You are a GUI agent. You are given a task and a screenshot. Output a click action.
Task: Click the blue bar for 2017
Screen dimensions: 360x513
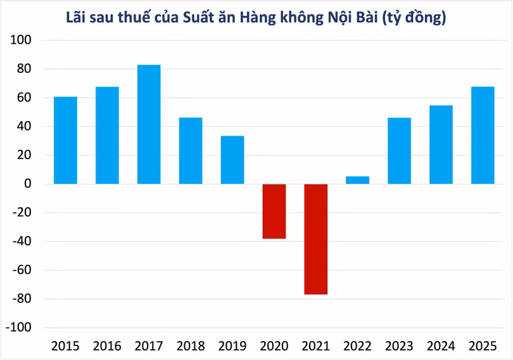click(149, 124)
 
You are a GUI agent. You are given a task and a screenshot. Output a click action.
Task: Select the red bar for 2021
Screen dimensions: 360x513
click(316, 239)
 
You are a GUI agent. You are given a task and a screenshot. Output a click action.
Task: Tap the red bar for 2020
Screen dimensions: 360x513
click(274, 211)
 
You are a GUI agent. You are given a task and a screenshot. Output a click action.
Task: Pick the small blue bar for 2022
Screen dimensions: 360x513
click(357, 180)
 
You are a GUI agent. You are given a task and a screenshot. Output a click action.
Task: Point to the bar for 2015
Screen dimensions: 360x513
click(65, 140)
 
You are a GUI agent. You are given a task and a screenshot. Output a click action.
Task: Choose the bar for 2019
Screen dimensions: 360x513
click(232, 160)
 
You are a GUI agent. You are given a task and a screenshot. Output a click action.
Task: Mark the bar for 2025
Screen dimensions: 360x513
click(483, 135)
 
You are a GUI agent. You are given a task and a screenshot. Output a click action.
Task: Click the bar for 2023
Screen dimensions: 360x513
click(399, 151)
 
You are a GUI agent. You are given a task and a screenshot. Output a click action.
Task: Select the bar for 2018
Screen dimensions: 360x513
click(191, 151)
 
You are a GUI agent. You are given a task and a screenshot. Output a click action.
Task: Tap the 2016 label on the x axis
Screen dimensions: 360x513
click(107, 346)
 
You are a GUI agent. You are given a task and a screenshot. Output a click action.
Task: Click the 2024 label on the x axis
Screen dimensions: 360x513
click(441, 346)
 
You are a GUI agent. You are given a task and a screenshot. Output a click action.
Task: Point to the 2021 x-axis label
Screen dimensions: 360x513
click(316, 346)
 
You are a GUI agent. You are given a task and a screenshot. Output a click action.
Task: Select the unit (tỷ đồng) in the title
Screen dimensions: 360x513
click(415, 17)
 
